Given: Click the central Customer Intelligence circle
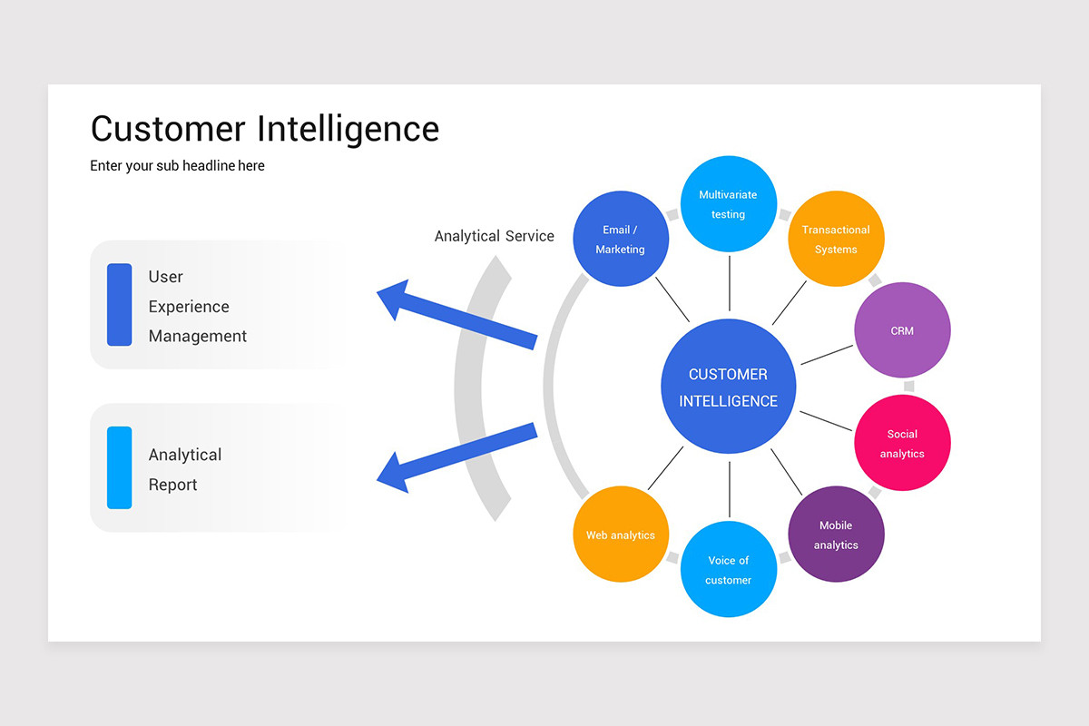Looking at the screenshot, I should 728,387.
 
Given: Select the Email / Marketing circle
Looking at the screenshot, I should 621,239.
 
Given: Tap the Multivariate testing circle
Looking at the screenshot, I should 728,204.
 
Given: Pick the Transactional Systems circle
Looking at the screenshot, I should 835,239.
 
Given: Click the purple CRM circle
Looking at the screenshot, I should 902,330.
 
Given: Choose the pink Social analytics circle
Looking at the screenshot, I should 902,443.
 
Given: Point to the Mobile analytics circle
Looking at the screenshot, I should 835,535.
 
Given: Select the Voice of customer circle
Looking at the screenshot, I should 728,569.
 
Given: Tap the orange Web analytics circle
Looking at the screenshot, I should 621,535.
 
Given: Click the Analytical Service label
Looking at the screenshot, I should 494,236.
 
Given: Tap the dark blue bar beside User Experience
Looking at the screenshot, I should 119,305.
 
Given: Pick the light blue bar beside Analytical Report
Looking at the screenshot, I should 119,467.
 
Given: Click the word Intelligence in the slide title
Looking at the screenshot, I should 348,129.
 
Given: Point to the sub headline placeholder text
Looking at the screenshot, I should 177,166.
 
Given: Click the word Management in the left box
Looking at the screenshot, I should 198,336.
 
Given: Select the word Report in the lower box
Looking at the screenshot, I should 172,485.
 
